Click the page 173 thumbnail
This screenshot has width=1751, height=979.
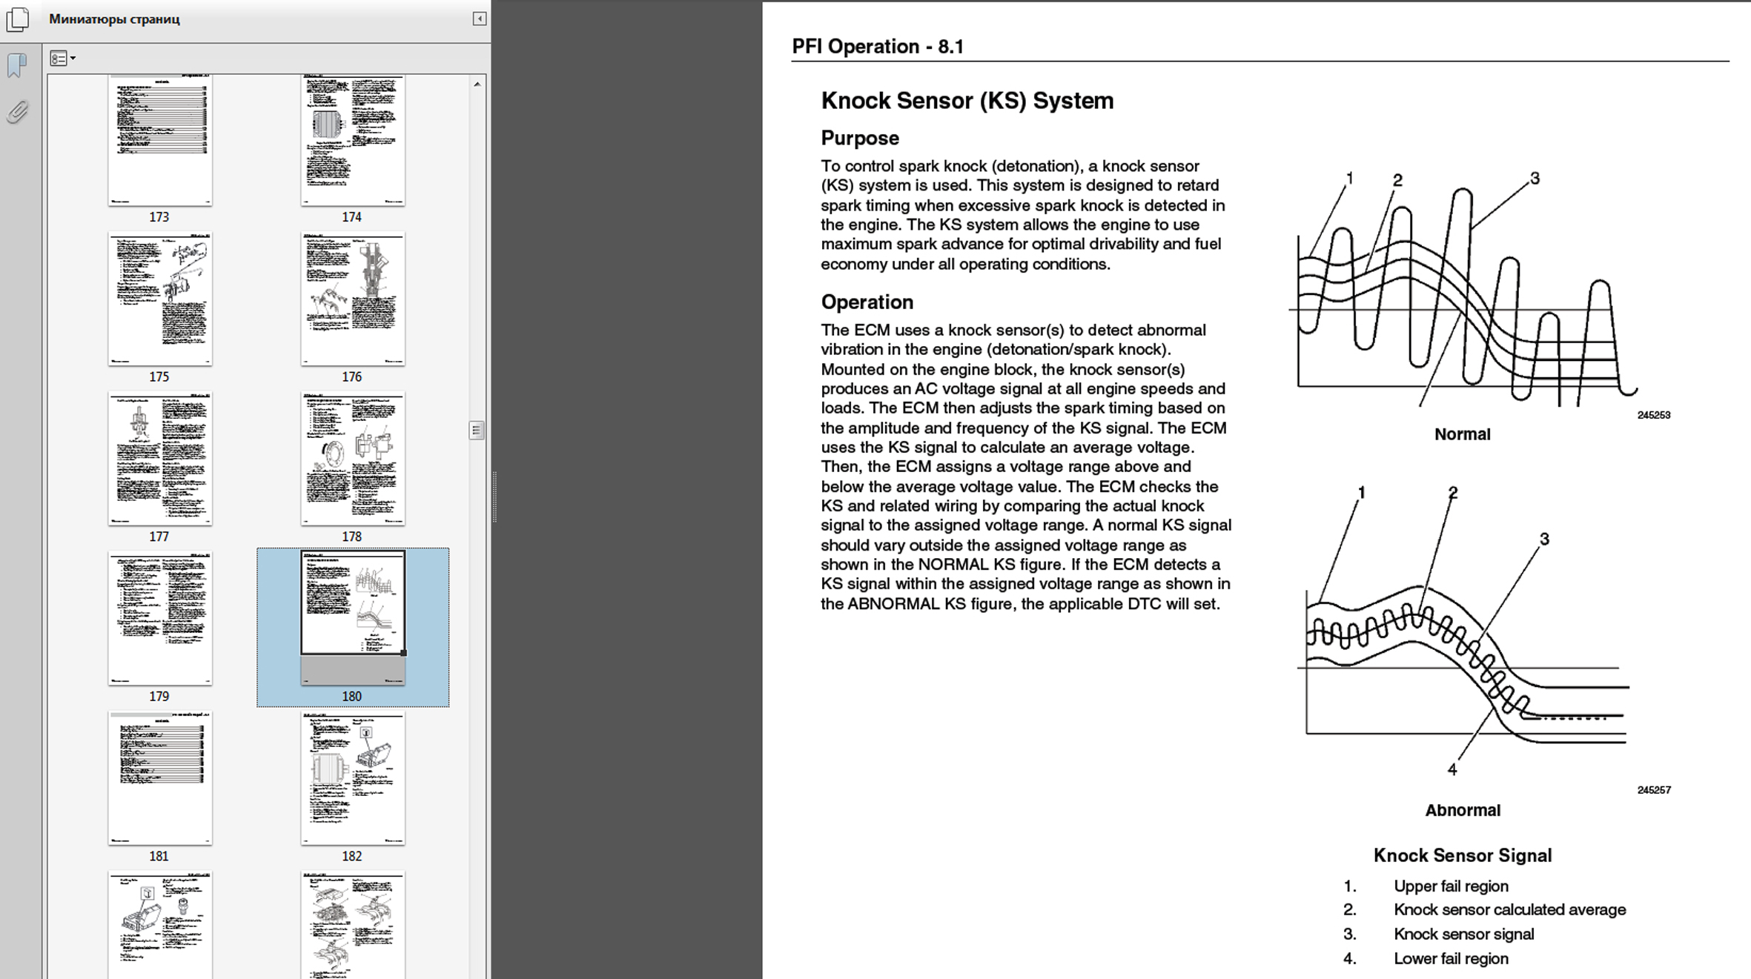pos(159,141)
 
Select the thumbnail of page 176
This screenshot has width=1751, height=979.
pos(352,299)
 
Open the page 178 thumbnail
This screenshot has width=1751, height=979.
pos(352,459)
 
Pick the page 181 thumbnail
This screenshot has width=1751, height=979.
pos(159,778)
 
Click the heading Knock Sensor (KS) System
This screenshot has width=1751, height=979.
pos(967,101)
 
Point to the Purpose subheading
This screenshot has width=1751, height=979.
pos(859,139)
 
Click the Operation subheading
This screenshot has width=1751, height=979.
pos(867,302)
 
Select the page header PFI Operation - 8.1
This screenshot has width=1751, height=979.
pos(878,47)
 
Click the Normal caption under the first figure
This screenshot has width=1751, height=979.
pos(1462,434)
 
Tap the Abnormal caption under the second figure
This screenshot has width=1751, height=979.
pos(1462,810)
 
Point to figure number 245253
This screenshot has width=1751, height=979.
pos(1653,415)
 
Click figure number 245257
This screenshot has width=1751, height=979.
pos(1653,790)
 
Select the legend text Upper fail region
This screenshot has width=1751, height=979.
pos(1450,886)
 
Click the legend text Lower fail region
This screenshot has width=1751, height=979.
pos(1450,958)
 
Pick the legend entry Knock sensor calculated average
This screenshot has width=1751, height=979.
pos(1509,910)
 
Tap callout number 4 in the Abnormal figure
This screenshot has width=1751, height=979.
pos(1452,770)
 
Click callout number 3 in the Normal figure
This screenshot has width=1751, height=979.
pos(1535,179)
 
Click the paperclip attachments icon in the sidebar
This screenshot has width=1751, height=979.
pos(18,112)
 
